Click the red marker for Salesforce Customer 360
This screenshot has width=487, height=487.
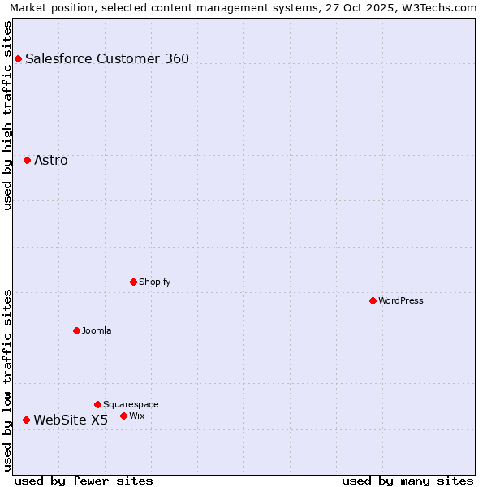18,58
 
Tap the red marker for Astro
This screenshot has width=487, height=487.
27,160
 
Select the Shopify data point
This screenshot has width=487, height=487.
133,282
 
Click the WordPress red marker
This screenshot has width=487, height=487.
373,300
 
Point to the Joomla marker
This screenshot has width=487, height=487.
76,330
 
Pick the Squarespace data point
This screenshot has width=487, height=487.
97,404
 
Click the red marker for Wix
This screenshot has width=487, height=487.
123,416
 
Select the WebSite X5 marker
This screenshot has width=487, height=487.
26,420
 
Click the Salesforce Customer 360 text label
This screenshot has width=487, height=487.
107,58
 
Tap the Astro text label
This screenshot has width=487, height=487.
51,160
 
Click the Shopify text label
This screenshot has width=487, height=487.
155,282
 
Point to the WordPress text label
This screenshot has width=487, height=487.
401,300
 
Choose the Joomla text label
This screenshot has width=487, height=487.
97,330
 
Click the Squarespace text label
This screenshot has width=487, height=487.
131,404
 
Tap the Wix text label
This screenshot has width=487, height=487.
137,416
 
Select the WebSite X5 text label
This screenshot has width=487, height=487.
71,420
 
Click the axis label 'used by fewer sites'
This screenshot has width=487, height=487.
84,481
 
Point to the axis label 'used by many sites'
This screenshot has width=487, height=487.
407,481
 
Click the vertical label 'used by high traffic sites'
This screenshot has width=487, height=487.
7,115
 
